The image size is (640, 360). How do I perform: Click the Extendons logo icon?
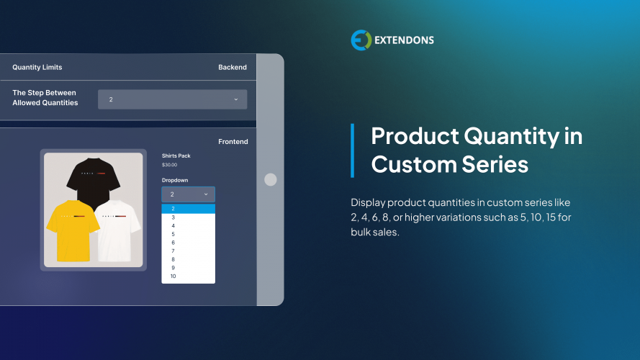pos(361,40)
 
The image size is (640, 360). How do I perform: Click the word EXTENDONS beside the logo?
pos(404,40)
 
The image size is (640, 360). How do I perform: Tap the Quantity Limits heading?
pos(37,67)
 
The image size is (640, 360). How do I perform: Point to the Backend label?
pos(233,67)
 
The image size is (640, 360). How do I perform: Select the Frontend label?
pos(233,142)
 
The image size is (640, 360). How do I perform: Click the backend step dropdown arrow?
pos(236,99)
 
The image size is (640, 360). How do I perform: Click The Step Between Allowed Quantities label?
pos(45,98)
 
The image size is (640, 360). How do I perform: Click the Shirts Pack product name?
pos(176,156)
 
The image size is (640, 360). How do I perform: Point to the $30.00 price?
pos(170,165)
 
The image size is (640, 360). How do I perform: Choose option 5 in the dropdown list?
pos(173,234)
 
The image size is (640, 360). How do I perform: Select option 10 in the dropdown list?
pos(173,276)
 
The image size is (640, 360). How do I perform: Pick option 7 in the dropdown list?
pos(173,251)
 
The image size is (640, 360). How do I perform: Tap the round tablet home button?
pos(271,180)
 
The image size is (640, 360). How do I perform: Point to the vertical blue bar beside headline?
pos(353,150)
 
